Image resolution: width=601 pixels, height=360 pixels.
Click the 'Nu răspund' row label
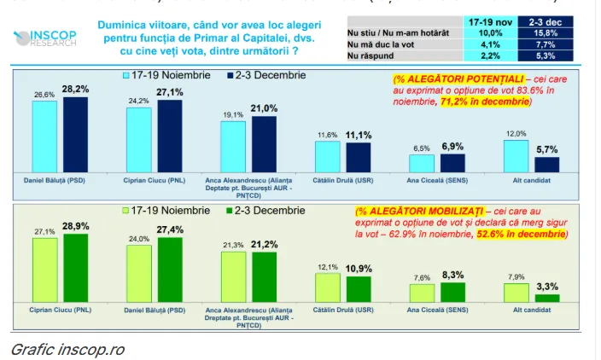(x=369, y=55)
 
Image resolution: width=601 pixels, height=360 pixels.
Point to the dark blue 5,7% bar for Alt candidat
(x=546, y=165)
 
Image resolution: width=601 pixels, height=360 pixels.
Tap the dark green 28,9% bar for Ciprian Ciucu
(x=75, y=268)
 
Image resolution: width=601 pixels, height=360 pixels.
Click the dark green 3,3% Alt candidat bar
(x=546, y=298)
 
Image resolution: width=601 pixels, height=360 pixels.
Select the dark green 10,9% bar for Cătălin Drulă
(x=359, y=288)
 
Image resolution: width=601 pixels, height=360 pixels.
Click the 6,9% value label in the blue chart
(x=452, y=147)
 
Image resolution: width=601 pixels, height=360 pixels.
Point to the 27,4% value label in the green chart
(x=170, y=229)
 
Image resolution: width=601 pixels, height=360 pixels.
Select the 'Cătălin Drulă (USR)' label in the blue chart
(x=342, y=181)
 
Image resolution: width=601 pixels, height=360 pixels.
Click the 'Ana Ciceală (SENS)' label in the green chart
(x=437, y=309)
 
